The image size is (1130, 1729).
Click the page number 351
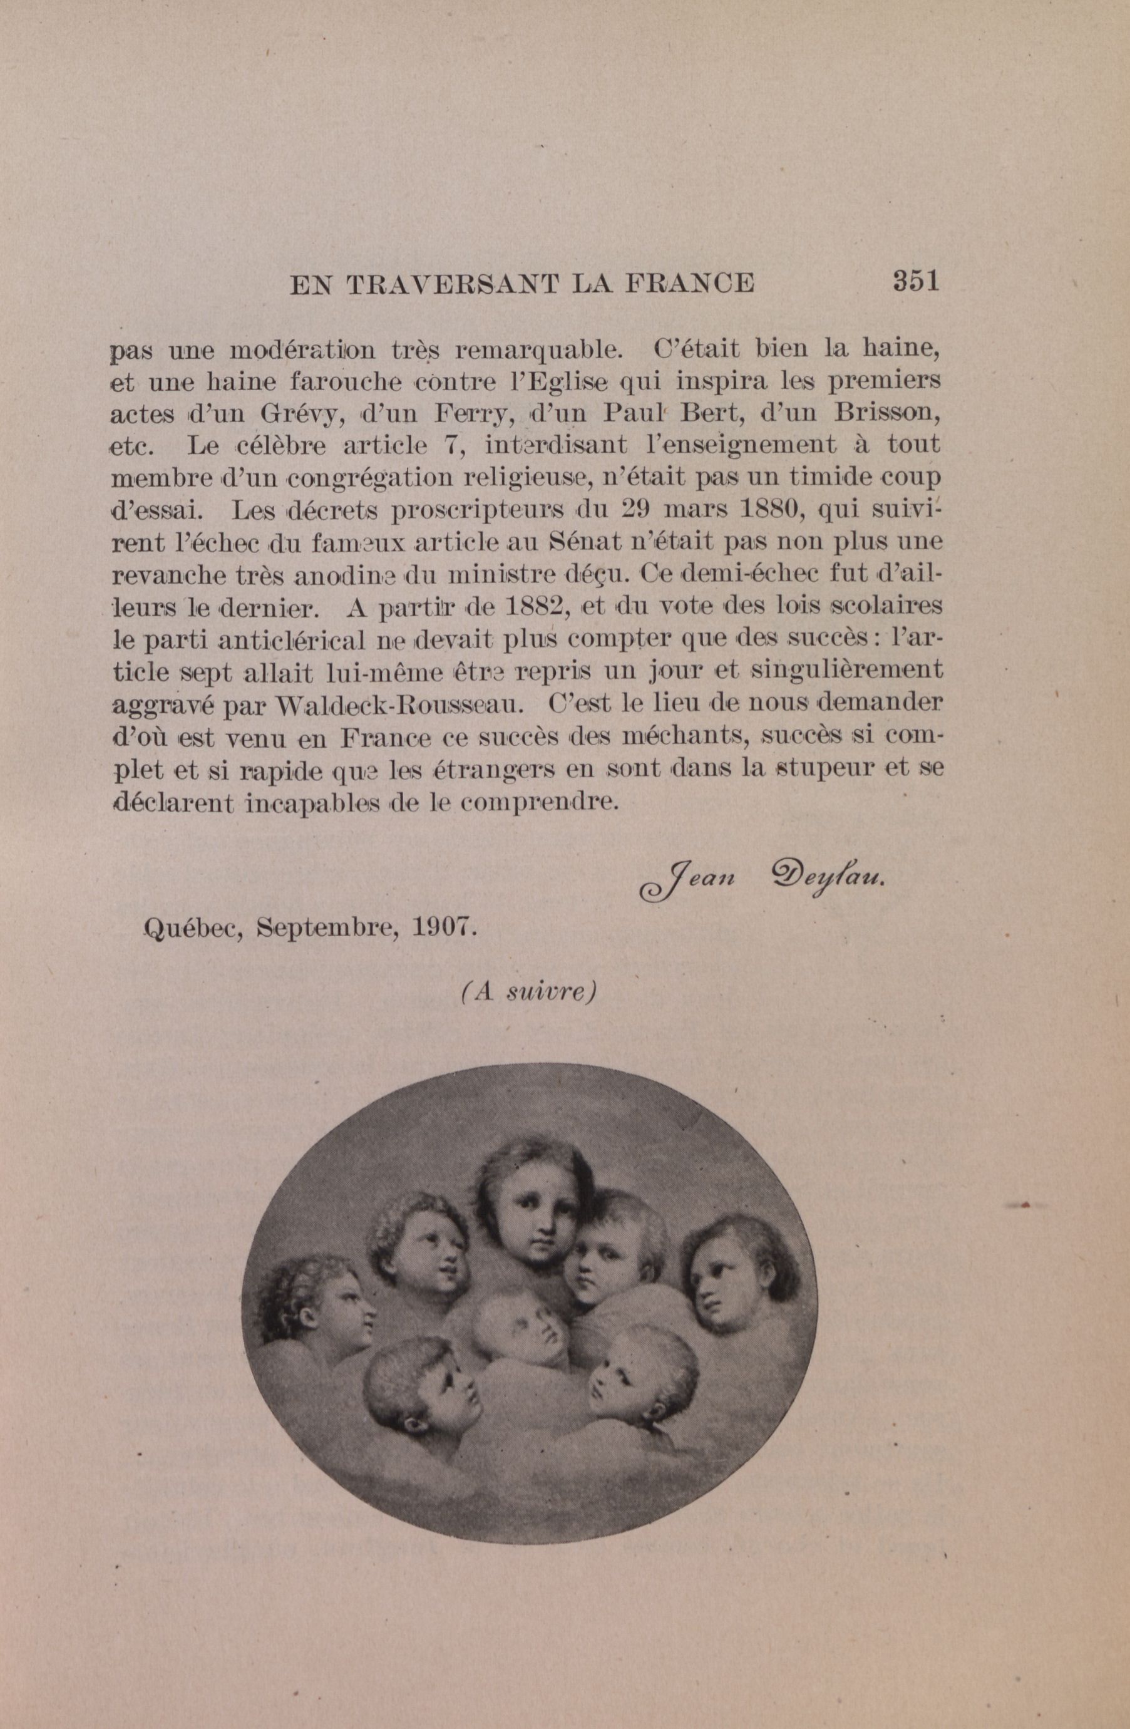pyautogui.click(x=916, y=281)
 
